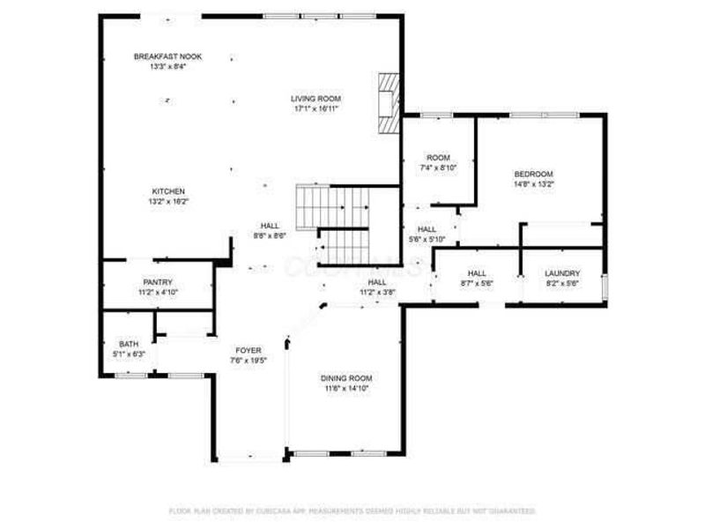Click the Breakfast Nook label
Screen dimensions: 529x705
(x=167, y=56)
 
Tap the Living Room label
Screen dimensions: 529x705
(x=316, y=99)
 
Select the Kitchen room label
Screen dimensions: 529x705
(x=168, y=191)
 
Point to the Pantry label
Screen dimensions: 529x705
(x=158, y=282)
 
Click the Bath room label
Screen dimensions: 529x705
(x=129, y=345)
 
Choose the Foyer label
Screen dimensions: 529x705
(x=248, y=350)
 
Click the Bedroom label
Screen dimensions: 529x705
(x=533, y=174)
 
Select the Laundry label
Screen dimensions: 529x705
(x=561, y=273)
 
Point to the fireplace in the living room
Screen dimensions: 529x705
(x=389, y=102)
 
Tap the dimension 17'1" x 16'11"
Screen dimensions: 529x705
(x=316, y=108)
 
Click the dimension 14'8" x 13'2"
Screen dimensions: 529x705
(x=533, y=184)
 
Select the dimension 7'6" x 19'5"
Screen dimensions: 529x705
(x=248, y=360)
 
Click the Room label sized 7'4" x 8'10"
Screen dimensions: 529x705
(x=438, y=158)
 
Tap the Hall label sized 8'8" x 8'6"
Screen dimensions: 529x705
(x=269, y=226)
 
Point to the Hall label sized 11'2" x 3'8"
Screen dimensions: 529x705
(x=377, y=282)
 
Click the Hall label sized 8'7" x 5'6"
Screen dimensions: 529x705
(x=477, y=273)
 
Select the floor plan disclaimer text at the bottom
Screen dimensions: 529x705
(x=352, y=510)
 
